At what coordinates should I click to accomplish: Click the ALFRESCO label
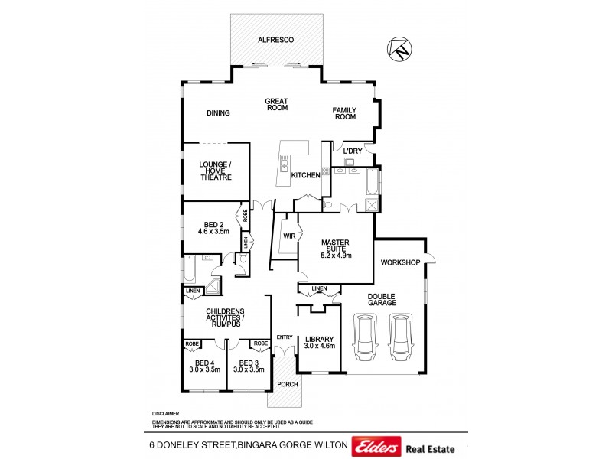[x=276, y=39]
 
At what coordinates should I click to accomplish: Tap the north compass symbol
[x=399, y=50]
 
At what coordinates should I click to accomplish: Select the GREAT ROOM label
[x=276, y=104]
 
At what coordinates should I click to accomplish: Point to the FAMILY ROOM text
[x=344, y=114]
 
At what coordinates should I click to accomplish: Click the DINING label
[x=218, y=113]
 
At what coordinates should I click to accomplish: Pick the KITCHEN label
[x=305, y=175]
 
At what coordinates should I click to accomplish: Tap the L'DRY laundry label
[x=352, y=151]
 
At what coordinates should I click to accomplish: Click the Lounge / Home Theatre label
[x=215, y=171]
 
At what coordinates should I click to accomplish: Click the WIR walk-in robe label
[x=289, y=236]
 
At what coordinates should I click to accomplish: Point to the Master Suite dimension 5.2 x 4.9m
[x=335, y=255]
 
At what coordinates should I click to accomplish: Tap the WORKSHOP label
[x=400, y=262]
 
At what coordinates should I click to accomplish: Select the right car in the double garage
[x=401, y=337]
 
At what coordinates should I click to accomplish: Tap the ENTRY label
[x=285, y=337]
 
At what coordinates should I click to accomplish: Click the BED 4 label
[x=204, y=363]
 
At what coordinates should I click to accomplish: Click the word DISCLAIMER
[x=165, y=413]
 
